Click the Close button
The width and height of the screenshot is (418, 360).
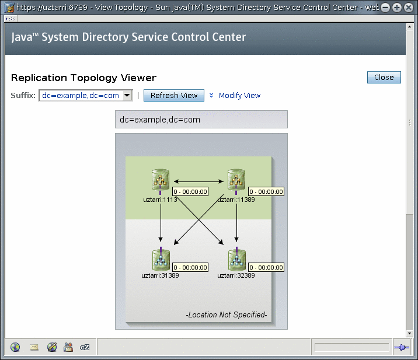click(x=384, y=77)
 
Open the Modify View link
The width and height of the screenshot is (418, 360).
click(x=239, y=95)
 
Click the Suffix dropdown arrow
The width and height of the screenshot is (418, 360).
click(x=127, y=95)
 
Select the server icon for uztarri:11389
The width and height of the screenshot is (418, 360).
click(x=236, y=180)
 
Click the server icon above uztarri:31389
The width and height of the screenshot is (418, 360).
click(x=161, y=260)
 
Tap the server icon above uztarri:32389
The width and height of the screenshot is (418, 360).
click(x=236, y=260)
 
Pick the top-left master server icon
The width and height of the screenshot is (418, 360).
click(x=161, y=180)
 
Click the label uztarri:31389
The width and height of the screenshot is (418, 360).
click(x=160, y=275)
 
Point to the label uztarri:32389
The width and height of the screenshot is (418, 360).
click(x=236, y=275)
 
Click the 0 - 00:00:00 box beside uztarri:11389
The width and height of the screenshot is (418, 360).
click(x=266, y=191)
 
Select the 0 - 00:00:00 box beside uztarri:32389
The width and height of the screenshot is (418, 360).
click(x=266, y=267)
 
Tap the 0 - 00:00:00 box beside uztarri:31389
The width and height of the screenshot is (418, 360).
click(x=190, y=267)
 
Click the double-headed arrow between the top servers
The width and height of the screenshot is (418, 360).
click(x=198, y=181)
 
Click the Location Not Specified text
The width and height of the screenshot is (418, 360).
click(x=227, y=314)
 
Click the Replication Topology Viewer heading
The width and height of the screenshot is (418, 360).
click(x=83, y=78)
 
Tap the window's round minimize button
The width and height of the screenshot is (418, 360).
click(x=385, y=8)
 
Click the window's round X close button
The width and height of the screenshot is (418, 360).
click(x=409, y=8)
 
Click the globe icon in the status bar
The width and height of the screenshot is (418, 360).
click(x=15, y=347)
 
